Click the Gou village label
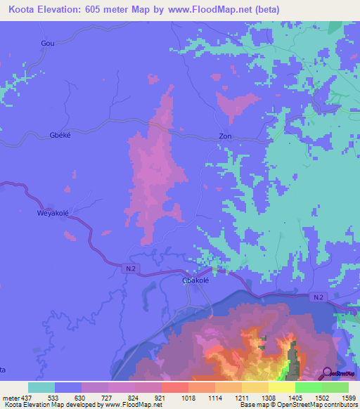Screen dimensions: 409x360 click(48, 43)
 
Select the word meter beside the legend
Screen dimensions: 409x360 click(10, 398)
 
